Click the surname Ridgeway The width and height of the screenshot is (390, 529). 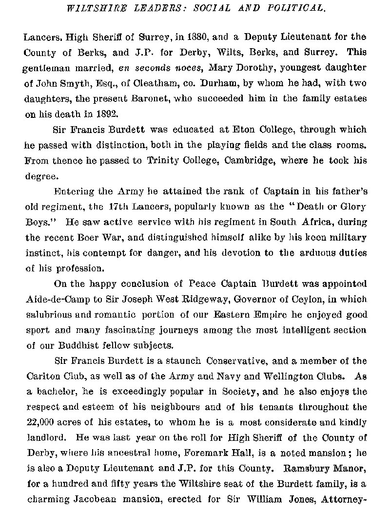pyautogui.click(x=195, y=299)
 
